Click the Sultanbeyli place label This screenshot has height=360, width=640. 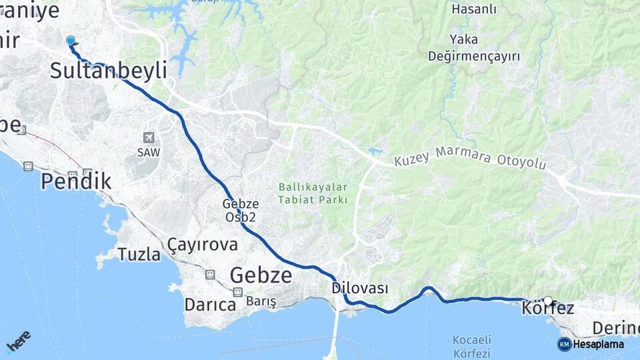[x=109, y=71]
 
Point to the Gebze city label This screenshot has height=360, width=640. [x=261, y=275]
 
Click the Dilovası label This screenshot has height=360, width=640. [x=360, y=288]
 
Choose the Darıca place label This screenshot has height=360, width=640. [x=211, y=305]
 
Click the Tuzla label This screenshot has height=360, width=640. [x=139, y=254]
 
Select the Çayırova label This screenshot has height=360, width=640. [x=203, y=244]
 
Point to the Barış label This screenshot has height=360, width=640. [x=261, y=302]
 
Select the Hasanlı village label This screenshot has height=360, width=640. [x=474, y=9]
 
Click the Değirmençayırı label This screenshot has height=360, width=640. [x=474, y=57]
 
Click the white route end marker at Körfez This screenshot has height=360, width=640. [x=548, y=301]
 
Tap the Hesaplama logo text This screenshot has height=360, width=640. [x=598, y=344]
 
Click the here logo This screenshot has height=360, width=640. [x=18, y=341]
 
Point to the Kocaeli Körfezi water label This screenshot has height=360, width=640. [x=471, y=347]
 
